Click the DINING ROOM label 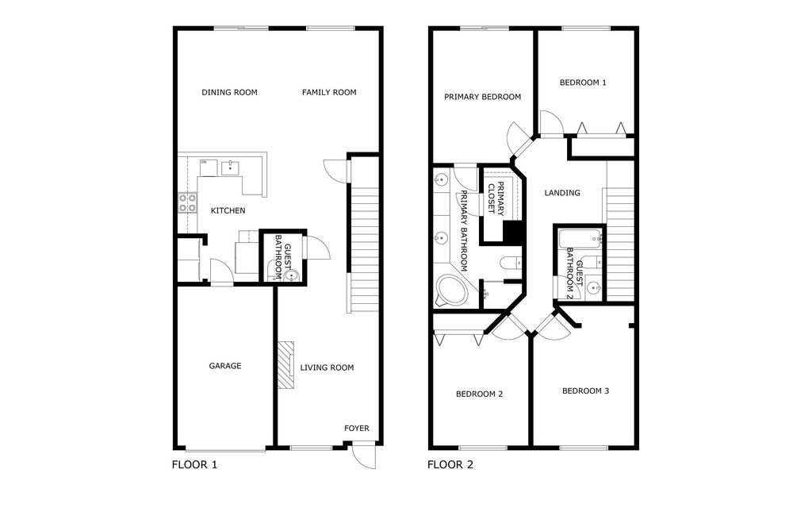229,92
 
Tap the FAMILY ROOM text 329,92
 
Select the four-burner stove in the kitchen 187,203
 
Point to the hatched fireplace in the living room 285,365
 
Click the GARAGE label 225,366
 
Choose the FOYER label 356,429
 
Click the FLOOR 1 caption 194,465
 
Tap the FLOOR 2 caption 450,465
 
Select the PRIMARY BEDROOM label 482,97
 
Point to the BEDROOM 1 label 583,82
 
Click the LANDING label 562,193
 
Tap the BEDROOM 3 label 586,391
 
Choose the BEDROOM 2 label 479,394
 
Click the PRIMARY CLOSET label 495,198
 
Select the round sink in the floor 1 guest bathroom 292,276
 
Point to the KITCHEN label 228,210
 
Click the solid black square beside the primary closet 513,232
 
